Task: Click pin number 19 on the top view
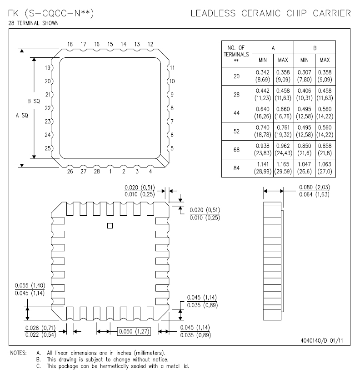(x=47, y=68)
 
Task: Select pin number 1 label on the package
(x=110, y=172)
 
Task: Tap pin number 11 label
(x=172, y=68)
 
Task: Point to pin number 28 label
(x=96, y=172)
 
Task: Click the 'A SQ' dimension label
(x=21, y=116)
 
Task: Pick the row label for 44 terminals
(x=236, y=113)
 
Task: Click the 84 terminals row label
(x=236, y=168)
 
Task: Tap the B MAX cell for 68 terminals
(x=325, y=150)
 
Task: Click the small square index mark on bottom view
(x=109, y=225)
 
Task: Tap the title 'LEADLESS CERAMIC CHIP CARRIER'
(x=270, y=13)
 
